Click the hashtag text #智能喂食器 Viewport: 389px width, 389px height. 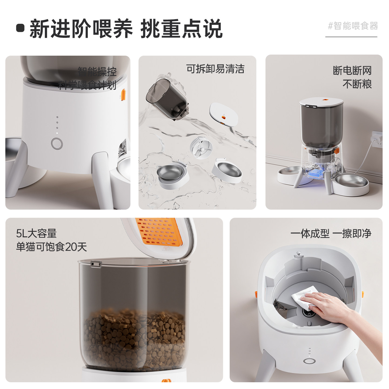[x=353, y=26]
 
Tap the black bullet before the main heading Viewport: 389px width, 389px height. [x=20, y=28]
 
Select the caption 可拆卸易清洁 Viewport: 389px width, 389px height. [x=215, y=69]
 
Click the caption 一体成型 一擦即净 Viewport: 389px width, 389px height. [x=331, y=234]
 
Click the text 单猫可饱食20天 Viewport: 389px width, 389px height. [x=51, y=247]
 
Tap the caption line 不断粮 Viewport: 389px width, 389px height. [x=357, y=84]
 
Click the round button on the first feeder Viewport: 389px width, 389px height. [x=57, y=144]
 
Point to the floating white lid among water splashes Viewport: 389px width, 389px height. [x=224, y=115]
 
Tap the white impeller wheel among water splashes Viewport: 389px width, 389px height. [x=201, y=148]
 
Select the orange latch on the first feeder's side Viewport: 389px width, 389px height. [x=123, y=95]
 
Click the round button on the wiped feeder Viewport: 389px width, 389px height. [x=309, y=361]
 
